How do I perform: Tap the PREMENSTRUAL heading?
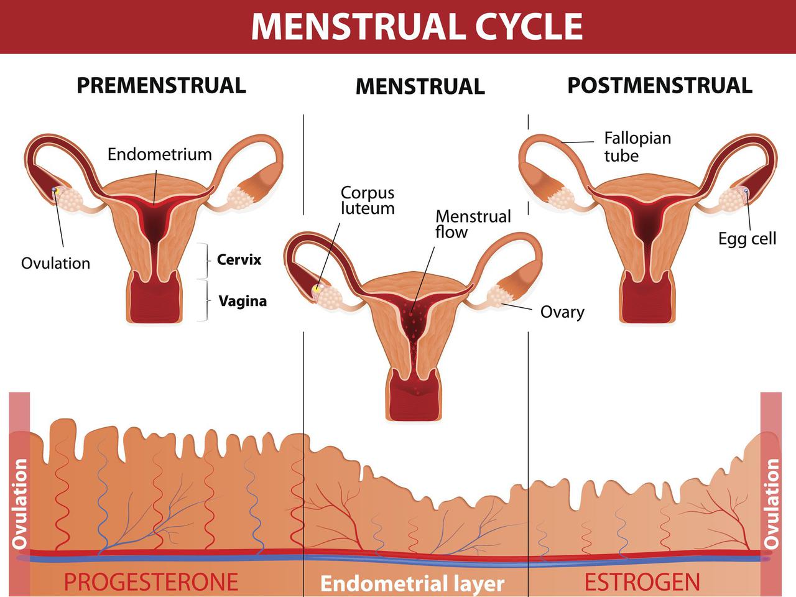pyautogui.click(x=161, y=85)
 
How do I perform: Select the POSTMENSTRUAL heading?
pyautogui.click(x=659, y=85)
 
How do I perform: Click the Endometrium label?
pyautogui.click(x=159, y=154)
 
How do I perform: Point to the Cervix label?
pyautogui.click(x=239, y=259)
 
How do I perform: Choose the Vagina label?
pyautogui.click(x=243, y=301)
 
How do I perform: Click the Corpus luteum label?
pyautogui.click(x=368, y=200)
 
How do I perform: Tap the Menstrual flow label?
pyautogui.click(x=473, y=224)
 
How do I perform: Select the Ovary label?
pyautogui.click(x=562, y=312)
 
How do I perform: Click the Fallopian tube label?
pyautogui.click(x=637, y=146)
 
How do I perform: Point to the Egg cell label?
pyautogui.click(x=747, y=238)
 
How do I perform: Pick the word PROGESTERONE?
pyautogui.click(x=151, y=582)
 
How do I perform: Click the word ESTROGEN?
pyautogui.click(x=642, y=582)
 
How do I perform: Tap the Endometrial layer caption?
pyautogui.click(x=412, y=584)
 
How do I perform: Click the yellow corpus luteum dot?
pyautogui.click(x=317, y=289)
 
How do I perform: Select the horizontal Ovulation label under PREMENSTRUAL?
pyautogui.click(x=55, y=263)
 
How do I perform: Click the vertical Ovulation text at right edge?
pyautogui.click(x=772, y=504)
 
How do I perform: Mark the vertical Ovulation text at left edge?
pyautogui.click(x=20, y=504)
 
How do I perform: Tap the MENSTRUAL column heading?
pyautogui.click(x=420, y=86)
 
